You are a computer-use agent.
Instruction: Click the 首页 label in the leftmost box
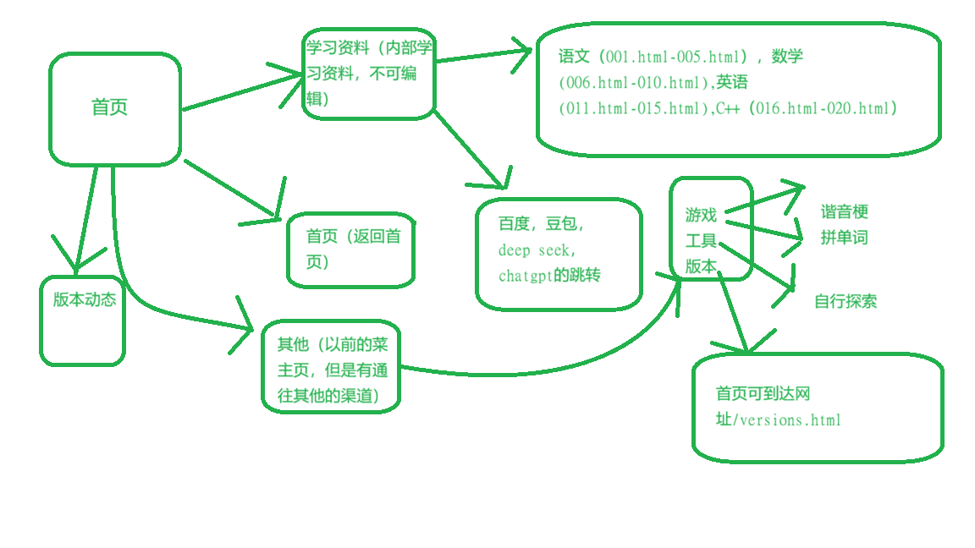[x=110, y=108]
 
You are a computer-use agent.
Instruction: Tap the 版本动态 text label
[x=84, y=299]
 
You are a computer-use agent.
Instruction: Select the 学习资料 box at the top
[x=368, y=74]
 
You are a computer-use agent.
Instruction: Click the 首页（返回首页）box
[x=351, y=249]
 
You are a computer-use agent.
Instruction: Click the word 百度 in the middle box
[x=514, y=224]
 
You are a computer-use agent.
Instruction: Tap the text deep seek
[x=536, y=250]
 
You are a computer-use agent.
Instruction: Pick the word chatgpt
[x=525, y=276]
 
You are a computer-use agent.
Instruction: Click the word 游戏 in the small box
[x=701, y=215]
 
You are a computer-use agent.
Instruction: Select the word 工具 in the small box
[x=701, y=240]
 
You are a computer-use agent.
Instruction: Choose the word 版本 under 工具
[x=701, y=266]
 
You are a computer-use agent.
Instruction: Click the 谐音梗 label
[x=845, y=211]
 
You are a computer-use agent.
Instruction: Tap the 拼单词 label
[x=845, y=238]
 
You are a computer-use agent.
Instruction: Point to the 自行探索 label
[x=846, y=301]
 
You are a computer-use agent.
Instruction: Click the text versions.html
[x=790, y=420]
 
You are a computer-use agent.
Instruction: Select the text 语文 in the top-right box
[x=574, y=57]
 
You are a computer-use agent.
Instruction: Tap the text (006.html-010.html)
[x=633, y=83]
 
